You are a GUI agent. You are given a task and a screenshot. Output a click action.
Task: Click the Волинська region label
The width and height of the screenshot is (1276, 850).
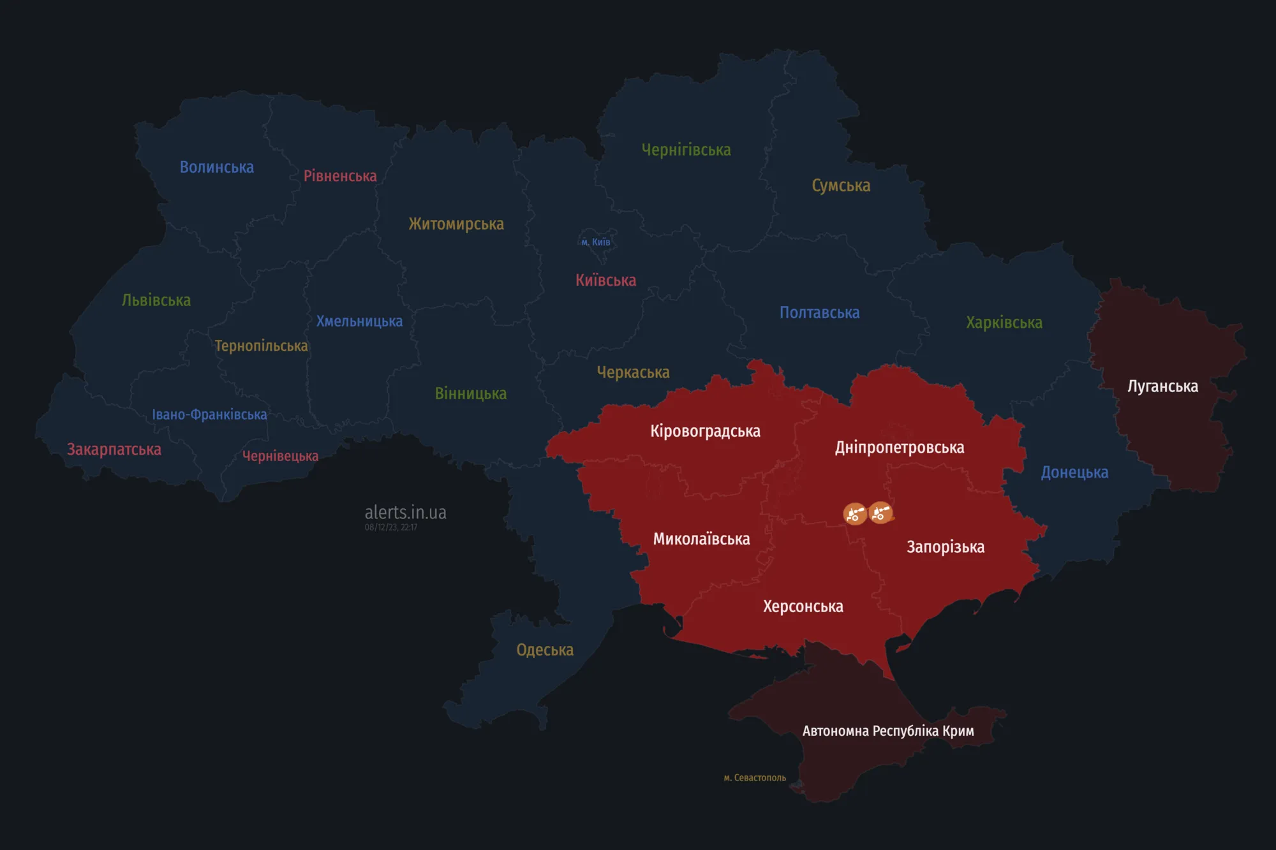coord(217,167)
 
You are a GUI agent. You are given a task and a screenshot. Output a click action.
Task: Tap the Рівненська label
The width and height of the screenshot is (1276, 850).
coord(340,176)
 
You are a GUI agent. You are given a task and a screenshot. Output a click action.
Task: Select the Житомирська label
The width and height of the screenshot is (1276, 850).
coord(456,224)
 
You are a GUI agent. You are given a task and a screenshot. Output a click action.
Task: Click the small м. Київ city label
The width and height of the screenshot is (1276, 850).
coord(596,242)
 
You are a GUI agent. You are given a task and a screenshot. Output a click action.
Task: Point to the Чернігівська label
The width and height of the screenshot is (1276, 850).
coord(686,150)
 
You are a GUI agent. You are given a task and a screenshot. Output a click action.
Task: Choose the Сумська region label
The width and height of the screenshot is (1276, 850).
coord(841,186)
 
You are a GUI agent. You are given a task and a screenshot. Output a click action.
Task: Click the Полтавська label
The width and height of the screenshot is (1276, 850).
coord(820,312)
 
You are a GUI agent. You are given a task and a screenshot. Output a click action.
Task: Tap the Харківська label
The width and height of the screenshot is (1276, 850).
coord(1004,323)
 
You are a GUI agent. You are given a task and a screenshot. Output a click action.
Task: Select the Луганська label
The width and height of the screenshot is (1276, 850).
coord(1162,386)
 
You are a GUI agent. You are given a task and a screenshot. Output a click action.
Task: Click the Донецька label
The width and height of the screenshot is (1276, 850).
coord(1074,473)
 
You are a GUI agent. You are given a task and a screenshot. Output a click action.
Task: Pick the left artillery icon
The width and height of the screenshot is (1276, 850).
coord(855,513)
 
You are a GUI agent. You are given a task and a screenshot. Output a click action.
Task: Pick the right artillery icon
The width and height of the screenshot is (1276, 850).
coord(880,512)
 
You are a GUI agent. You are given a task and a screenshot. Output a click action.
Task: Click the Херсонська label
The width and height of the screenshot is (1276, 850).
coord(803,606)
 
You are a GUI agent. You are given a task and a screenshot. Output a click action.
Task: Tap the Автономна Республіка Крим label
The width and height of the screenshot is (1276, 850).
coord(888,731)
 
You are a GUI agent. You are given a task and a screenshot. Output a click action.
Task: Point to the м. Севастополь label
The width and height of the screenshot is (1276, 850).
coord(755,778)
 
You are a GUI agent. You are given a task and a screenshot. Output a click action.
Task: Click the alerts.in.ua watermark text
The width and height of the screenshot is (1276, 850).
coord(405,512)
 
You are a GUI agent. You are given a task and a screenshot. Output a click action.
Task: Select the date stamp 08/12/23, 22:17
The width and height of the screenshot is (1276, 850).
coord(391,527)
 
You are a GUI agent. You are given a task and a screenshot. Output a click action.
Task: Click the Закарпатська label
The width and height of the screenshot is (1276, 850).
coord(114,450)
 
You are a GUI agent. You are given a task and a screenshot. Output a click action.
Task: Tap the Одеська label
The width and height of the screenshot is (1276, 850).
coord(545,650)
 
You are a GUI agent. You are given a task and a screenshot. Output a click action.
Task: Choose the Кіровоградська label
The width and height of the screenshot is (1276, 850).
coord(705,431)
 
